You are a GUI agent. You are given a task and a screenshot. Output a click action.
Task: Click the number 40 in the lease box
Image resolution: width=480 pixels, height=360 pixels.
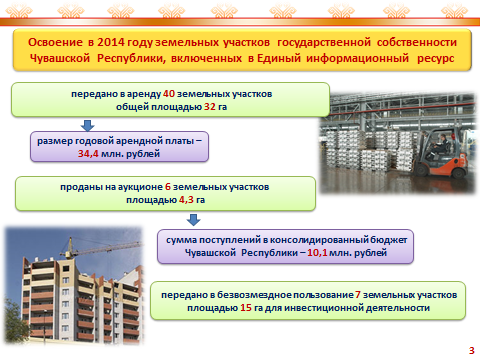pos(169,94)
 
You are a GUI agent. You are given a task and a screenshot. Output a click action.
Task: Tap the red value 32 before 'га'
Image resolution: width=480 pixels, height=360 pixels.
pos(210,107)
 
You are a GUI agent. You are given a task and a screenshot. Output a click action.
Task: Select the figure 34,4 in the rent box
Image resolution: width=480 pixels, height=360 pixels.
pos(88,154)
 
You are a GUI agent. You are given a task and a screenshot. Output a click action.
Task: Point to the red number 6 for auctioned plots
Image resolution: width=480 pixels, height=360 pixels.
pos(168,187)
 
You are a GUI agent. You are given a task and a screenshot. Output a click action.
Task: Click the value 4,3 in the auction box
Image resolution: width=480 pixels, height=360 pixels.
pos(186,200)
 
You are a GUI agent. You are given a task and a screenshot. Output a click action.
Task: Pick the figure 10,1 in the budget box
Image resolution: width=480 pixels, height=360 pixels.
pos(317,253)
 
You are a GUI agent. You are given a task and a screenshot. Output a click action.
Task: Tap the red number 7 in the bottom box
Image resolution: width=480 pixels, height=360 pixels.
pos(358,295)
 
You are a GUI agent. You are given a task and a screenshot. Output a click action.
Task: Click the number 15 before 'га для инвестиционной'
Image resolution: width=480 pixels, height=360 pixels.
pos(246,308)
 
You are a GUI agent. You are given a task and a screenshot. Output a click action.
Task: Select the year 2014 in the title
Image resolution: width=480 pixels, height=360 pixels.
pos(111,42)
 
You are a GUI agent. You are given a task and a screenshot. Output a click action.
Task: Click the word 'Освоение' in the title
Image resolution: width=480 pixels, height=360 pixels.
pos(55,42)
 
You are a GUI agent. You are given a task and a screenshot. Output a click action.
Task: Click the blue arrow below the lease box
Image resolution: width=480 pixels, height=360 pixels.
pos(88,125)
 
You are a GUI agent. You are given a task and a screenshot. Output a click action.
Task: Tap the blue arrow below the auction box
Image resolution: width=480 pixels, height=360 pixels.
pos(193,220)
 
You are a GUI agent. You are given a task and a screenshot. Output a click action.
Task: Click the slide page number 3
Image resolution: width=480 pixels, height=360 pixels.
pos(471,350)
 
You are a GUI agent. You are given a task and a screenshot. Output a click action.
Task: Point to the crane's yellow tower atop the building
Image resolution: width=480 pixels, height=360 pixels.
pos(70,248)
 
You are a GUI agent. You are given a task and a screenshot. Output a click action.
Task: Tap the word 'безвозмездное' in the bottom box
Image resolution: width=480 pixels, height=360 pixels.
pos(255,295)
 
